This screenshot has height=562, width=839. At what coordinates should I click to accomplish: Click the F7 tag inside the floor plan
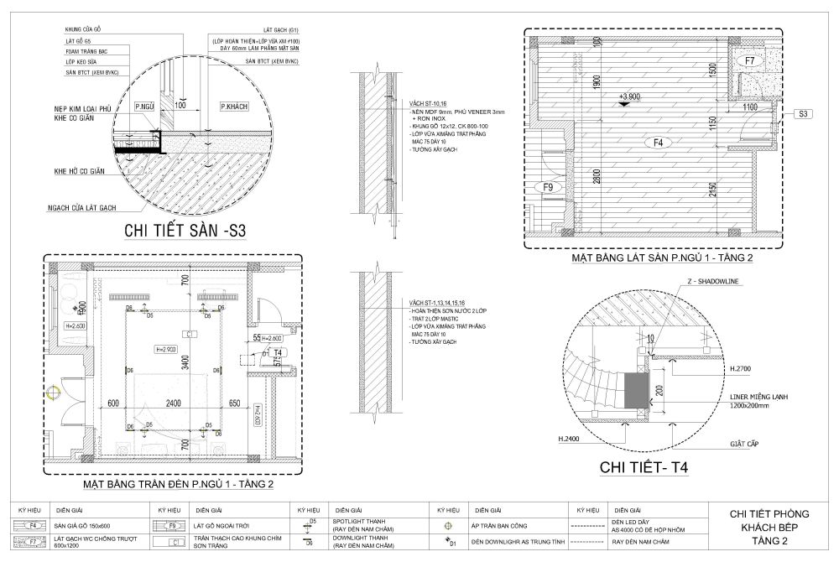click(750, 60)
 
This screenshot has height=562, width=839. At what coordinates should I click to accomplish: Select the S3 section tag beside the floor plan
click(802, 113)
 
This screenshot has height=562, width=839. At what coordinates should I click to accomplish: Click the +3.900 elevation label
click(628, 96)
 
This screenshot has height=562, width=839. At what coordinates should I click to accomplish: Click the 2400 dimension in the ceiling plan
click(173, 403)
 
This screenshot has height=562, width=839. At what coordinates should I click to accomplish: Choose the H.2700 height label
click(740, 368)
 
